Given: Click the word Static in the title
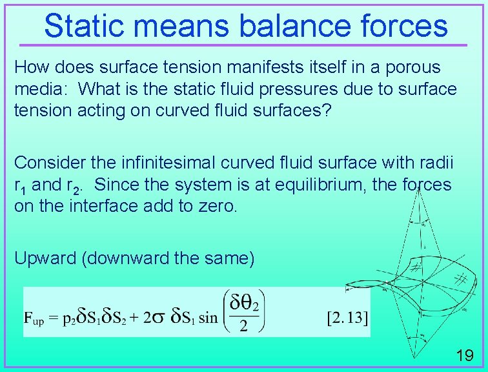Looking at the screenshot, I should [x=84, y=26].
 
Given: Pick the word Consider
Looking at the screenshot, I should [x=44, y=162].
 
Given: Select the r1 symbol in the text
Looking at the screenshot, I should [x=20, y=185].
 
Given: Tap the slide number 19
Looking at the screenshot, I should [x=464, y=355].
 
